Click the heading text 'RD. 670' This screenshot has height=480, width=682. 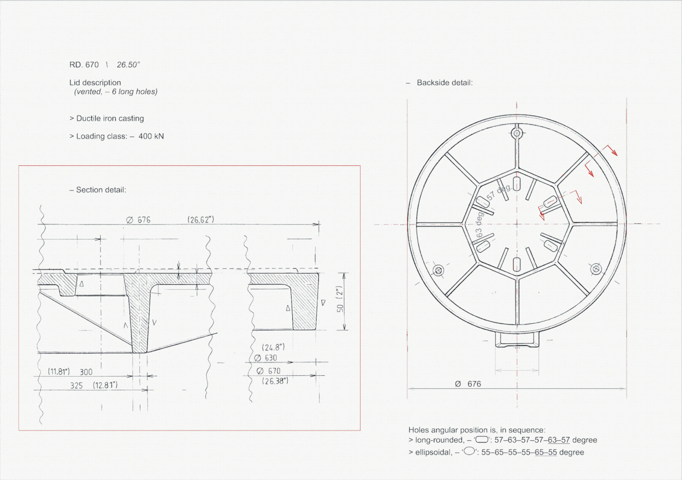click(84, 65)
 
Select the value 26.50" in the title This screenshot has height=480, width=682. click(128, 65)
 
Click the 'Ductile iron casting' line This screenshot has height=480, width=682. click(110, 118)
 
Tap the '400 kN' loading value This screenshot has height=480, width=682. click(151, 136)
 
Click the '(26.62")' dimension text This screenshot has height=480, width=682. click(201, 220)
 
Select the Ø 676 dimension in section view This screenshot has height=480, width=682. click(139, 220)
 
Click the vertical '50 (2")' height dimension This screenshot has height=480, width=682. click(340, 301)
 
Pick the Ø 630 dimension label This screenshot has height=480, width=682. click(266, 358)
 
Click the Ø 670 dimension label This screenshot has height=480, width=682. click(269, 371)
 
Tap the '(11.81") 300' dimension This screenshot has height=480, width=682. click(70, 372)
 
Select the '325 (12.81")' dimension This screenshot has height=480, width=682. click(94, 385)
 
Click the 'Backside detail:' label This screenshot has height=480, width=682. click(445, 83)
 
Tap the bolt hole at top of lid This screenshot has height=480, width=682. click(517, 133)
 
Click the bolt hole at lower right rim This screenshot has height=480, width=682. click(596, 269)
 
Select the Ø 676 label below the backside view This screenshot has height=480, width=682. click(468, 384)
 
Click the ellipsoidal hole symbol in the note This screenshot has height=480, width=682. click(469, 451)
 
